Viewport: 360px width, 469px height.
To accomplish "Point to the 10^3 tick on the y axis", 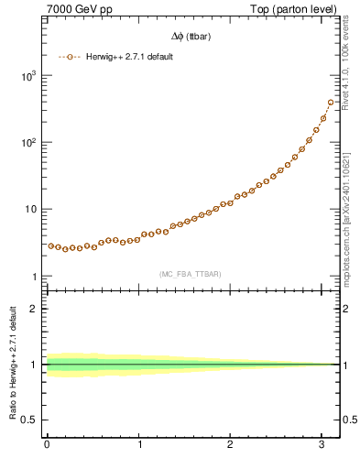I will point(28,76).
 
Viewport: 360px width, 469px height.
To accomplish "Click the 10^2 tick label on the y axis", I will point(28,143).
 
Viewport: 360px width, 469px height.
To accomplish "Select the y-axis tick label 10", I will point(30,210).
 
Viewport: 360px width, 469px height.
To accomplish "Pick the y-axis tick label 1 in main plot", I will point(35,277).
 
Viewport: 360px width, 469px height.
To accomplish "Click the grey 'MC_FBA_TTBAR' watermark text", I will point(190,274).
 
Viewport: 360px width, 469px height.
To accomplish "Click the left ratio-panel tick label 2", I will point(35,309).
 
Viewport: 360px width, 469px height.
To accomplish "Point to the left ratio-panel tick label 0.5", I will point(31,420).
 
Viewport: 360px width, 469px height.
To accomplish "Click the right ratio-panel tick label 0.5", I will point(348,420).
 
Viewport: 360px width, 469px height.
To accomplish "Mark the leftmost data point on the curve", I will point(51,245).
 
